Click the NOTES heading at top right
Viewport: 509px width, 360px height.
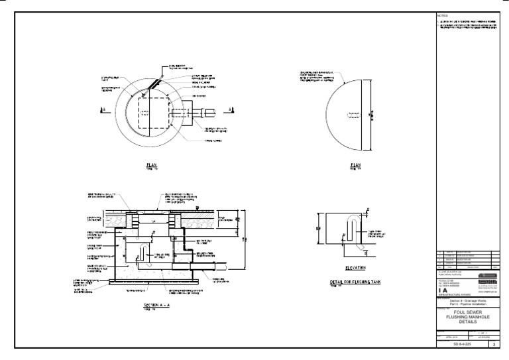(443, 15)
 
